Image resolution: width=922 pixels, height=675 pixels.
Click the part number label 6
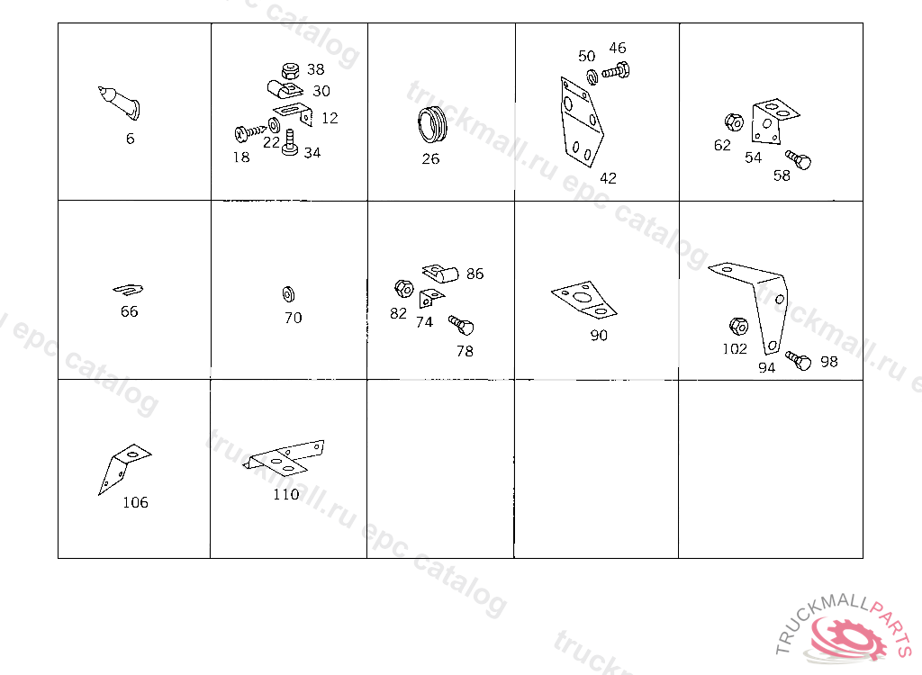pyautogui.click(x=130, y=139)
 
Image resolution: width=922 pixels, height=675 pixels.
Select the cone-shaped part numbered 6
pyautogui.click(x=120, y=103)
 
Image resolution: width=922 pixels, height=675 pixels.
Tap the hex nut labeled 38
pyautogui.click(x=290, y=70)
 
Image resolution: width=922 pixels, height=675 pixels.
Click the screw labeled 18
pyautogui.click(x=250, y=133)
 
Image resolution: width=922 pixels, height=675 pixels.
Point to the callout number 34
pyautogui.click(x=312, y=153)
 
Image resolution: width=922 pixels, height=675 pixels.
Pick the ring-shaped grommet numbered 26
pyautogui.click(x=432, y=124)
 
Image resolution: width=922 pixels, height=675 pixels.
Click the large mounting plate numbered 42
pyautogui.click(x=581, y=121)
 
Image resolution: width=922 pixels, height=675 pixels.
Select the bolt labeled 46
pyautogui.click(x=616, y=71)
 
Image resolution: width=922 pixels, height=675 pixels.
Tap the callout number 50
pyautogui.click(x=586, y=56)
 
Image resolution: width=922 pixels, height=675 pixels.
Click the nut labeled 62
pyautogui.click(x=734, y=122)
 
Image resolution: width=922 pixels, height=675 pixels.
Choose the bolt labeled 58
pyautogui.click(x=799, y=159)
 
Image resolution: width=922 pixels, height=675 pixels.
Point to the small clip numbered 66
pyautogui.click(x=128, y=289)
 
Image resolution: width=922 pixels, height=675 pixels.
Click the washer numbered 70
pyautogui.click(x=288, y=294)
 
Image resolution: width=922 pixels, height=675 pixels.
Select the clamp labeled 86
pyautogui.click(x=439, y=273)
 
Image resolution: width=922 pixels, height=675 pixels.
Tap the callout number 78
pyautogui.click(x=465, y=351)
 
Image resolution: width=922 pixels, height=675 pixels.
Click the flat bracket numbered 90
pyautogui.click(x=583, y=300)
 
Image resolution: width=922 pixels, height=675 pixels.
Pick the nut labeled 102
pyautogui.click(x=738, y=327)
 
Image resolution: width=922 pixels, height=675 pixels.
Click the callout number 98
pyautogui.click(x=829, y=362)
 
